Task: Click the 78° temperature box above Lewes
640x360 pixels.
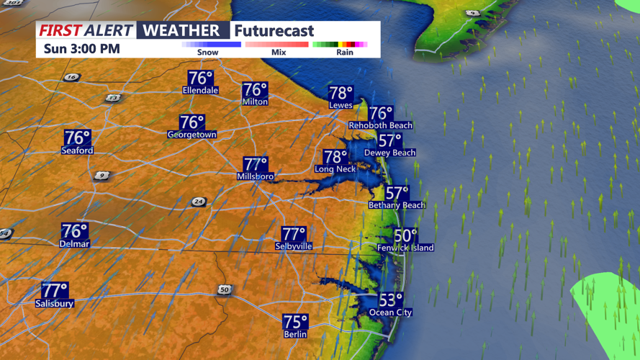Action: point(341,93)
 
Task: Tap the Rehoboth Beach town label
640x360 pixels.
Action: point(380,125)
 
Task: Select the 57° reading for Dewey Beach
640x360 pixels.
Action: point(390,140)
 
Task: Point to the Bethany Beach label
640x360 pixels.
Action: point(397,205)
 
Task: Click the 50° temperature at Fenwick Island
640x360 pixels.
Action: point(405,235)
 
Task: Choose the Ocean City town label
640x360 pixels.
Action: point(390,312)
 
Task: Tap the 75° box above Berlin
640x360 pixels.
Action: point(295,321)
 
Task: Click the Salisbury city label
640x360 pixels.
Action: point(55,304)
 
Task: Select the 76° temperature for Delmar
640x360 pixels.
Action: point(75,231)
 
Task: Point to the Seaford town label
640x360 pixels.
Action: point(77,150)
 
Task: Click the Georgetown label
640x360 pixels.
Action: point(191,135)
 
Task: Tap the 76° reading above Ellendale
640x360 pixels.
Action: point(201,78)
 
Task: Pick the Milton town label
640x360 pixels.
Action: point(255,102)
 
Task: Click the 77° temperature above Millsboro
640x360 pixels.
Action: point(256,164)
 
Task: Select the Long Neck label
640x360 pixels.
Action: point(335,169)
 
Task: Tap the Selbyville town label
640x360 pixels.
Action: point(293,246)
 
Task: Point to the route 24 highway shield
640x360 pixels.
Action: point(199,202)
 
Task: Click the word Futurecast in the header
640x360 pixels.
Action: point(274,31)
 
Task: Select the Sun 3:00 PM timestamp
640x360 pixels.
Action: point(81,49)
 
